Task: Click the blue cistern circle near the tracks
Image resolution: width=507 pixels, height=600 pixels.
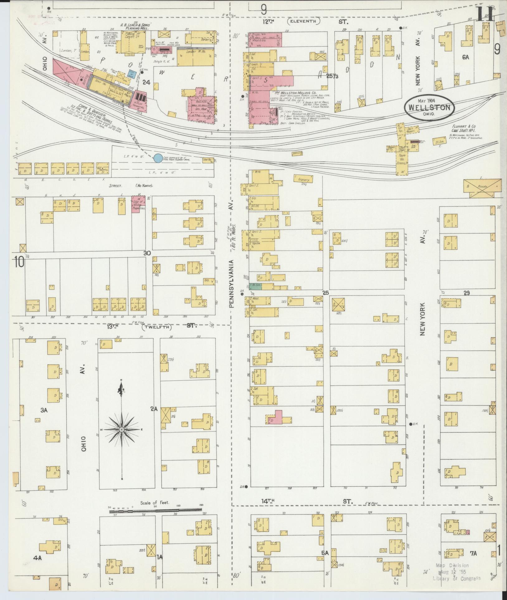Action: click(158, 158)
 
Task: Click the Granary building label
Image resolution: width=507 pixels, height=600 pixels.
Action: click(303, 179)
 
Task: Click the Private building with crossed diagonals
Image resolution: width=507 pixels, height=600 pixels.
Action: click(483, 188)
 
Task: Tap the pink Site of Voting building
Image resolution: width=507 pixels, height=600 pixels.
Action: click(138, 205)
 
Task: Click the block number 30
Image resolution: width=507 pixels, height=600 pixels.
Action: click(147, 253)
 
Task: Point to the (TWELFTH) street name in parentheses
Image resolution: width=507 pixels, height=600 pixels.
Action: click(156, 327)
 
